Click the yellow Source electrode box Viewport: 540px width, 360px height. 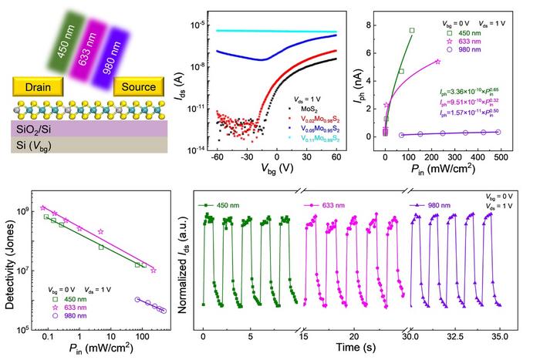(138, 86)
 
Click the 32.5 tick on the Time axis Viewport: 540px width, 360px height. (457, 337)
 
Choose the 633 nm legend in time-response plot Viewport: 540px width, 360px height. (332, 206)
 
